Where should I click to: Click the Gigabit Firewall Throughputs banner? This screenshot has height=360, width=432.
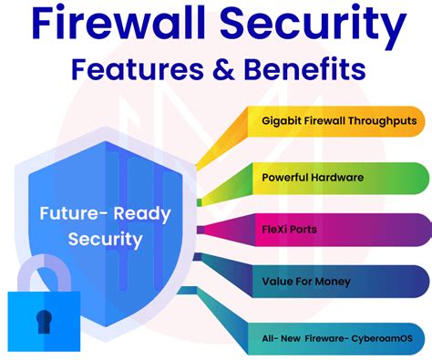[337, 121]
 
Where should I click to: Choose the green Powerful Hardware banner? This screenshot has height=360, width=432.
[337, 177]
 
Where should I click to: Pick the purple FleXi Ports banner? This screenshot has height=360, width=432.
[337, 229]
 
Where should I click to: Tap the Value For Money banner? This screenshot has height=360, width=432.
[337, 283]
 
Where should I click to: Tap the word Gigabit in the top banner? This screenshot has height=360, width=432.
[280, 121]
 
